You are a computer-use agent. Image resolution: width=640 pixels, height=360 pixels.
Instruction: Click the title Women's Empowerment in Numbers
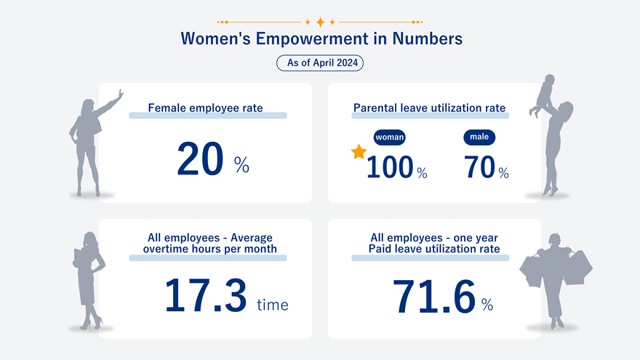[321, 39]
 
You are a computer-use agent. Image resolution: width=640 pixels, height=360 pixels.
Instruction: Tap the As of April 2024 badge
[320, 63]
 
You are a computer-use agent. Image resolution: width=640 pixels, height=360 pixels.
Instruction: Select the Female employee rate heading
[205, 108]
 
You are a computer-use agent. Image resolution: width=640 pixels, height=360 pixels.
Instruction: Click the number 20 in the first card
[200, 160]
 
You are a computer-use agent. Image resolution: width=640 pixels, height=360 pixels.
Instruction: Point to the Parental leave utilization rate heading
[429, 108]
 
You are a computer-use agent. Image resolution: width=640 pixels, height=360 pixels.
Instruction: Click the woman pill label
[389, 137]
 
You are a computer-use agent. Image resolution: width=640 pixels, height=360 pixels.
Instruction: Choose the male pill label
[479, 137]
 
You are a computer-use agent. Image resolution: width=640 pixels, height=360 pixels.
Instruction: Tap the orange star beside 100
[359, 152]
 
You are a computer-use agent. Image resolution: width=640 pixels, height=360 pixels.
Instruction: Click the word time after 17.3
[273, 305]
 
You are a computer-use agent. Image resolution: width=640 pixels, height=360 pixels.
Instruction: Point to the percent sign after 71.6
[487, 305]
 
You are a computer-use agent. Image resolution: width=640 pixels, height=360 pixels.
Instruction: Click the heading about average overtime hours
[210, 244]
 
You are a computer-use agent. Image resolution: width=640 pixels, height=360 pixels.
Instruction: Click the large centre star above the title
[320, 22]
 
